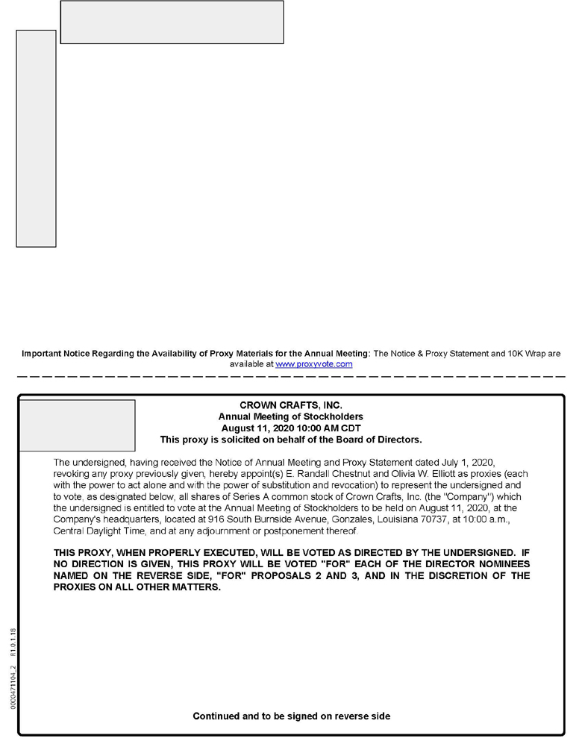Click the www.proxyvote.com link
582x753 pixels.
click(313, 364)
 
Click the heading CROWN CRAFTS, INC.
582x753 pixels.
click(291, 405)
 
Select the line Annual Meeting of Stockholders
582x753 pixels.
click(291, 416)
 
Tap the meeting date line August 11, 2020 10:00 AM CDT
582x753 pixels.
click(291, 428)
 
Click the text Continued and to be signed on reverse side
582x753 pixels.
click(291, 716)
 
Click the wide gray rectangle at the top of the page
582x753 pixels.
click(172, 22)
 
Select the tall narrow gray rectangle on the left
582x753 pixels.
click(36, 138)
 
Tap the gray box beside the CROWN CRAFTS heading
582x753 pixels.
click(77, 425)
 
